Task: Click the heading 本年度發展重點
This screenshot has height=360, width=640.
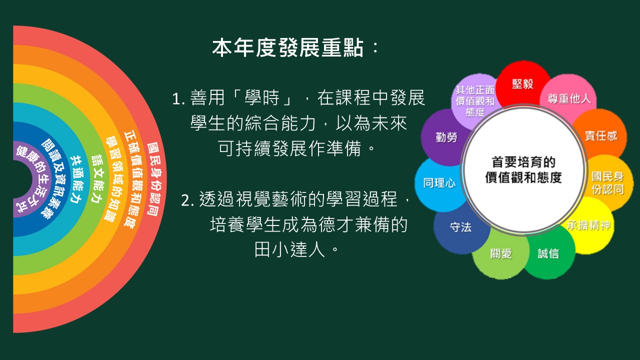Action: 288,48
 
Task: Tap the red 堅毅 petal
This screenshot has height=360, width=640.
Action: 522,84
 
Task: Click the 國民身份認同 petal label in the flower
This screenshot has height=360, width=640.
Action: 607,183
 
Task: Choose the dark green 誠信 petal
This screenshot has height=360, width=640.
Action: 548,253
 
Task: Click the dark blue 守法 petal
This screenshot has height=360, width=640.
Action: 460,227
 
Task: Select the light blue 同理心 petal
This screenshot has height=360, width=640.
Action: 439,183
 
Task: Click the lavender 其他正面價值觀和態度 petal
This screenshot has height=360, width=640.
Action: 475,101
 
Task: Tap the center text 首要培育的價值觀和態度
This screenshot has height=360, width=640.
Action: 523,169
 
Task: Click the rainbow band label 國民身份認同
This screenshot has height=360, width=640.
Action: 154,179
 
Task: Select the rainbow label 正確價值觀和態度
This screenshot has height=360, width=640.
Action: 132,180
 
